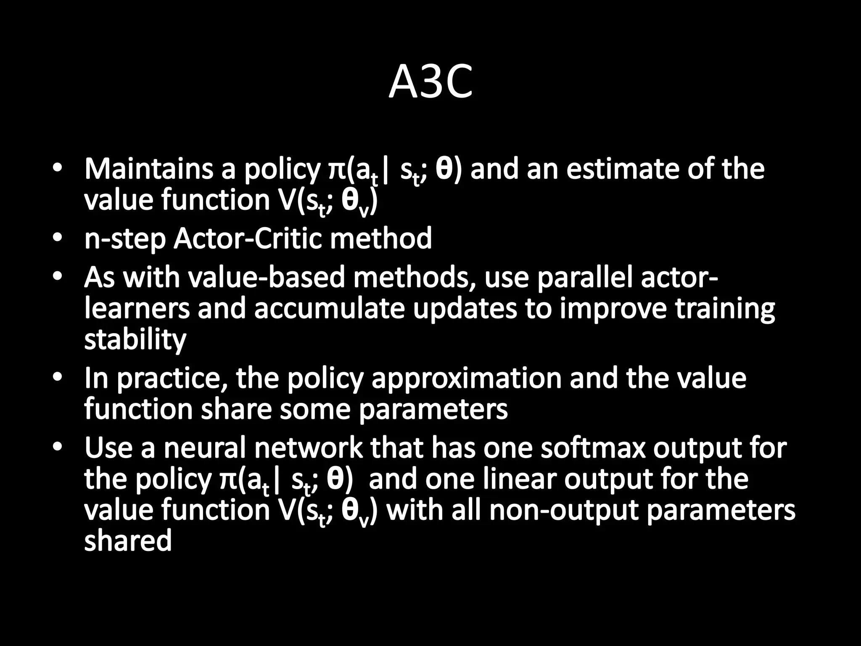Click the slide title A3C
coord(430,83)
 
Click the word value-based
coord(266,278)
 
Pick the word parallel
coord(585,278)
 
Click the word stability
coord(135,339)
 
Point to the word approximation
coord(466,378)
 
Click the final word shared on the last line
coord(128,541)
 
